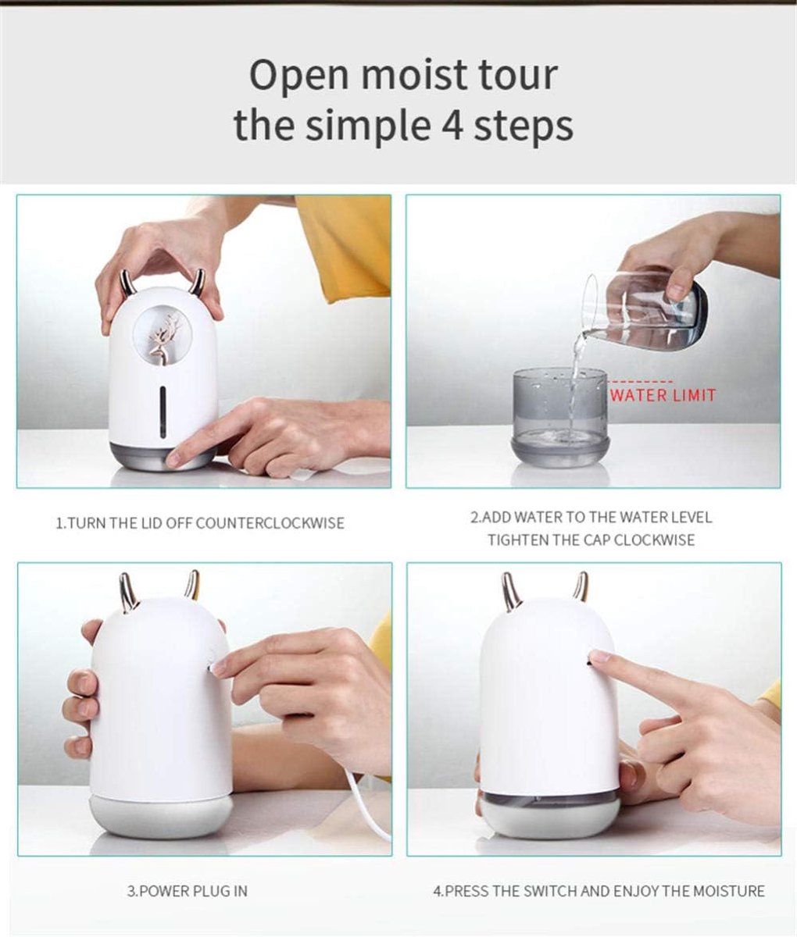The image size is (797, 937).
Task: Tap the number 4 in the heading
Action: click(x=452, y=125)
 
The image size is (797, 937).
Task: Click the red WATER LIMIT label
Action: click(x=663, y=395)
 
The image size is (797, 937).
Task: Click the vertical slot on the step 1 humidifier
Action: click(x=163, y=412)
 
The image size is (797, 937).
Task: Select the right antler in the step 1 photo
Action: click(x=198, y=282)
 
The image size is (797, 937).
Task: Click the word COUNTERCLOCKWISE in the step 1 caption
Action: click(x=270, y=524)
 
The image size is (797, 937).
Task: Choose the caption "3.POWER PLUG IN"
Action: click(x=188, y=891)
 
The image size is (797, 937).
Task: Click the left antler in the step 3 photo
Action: click(x=128, y=589)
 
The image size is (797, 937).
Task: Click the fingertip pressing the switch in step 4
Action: click(x=599, y=657)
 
